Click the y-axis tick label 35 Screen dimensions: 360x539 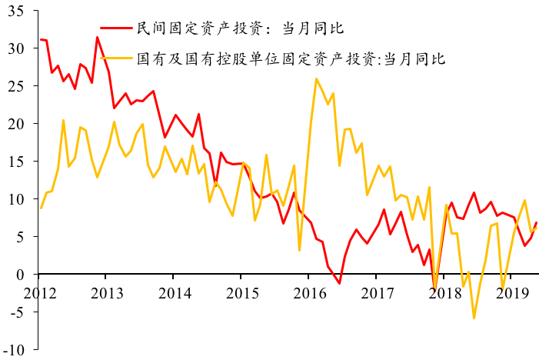point(15,11)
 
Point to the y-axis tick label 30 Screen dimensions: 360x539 point(15,48)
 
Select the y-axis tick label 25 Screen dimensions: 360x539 point(15,86)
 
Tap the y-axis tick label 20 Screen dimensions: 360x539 point(15,124)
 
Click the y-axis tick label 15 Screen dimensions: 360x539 point(15,162)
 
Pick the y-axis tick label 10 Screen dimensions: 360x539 point(15,199)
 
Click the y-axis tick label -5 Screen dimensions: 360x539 point(16,312)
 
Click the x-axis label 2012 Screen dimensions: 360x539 point(40,294)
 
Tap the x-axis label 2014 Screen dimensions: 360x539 point(176,294)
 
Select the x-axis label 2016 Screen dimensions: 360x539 point(311,294)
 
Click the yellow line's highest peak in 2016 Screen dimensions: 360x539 point(316,78)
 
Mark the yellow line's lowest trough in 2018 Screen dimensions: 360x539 point(474,318)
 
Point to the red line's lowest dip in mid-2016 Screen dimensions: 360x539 point(339,283)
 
